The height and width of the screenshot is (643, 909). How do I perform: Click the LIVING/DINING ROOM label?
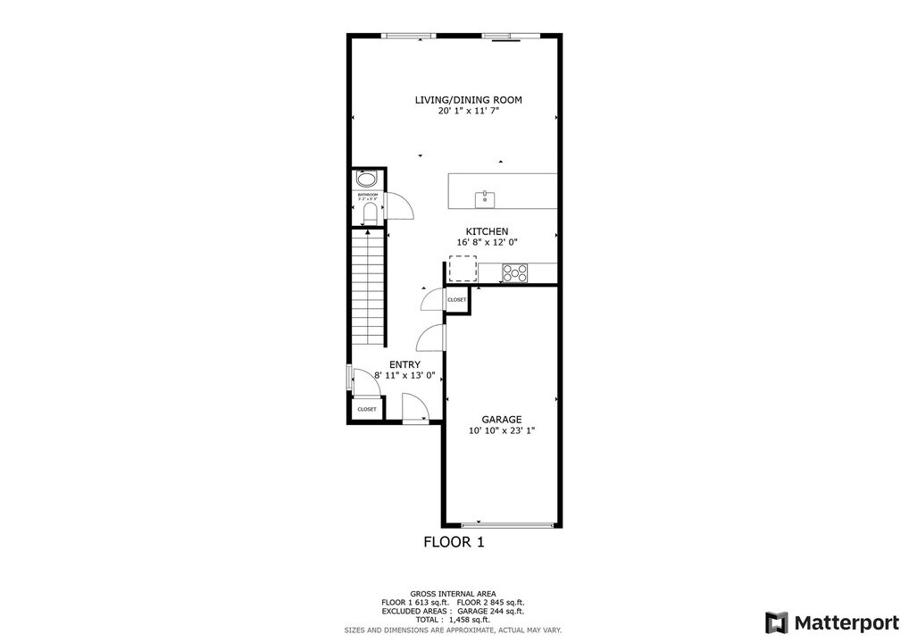click(468, 100)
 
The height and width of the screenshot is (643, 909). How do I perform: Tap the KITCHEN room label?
click(487, 231)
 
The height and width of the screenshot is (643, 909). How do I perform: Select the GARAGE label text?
click(501, 419)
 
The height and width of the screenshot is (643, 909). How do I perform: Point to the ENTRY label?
click(404, 364)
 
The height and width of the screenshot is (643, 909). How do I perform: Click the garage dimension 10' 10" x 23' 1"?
click(501, 430)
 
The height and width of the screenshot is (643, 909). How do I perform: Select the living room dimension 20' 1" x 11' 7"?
click(468, 112)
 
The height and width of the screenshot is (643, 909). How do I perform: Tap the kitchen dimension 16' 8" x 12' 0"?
click(487, 242)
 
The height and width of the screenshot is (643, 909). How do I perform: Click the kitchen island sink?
click(485, 196)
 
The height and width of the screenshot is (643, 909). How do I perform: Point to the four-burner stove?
click(514, 272)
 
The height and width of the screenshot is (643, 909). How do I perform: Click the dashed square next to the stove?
click(463, 269)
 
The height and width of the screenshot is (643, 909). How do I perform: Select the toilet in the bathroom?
click(369, 213)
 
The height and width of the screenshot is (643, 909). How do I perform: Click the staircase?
click(367, 288)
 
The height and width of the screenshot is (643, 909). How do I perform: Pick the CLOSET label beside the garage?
click(456, 300)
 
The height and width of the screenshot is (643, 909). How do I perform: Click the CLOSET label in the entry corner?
click(367, 409)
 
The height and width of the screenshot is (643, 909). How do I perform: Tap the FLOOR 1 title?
click(454, 541)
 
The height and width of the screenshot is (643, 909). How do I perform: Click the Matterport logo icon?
click(776, 622)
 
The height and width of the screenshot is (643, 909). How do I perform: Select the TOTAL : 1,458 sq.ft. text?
click(454, 619)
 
